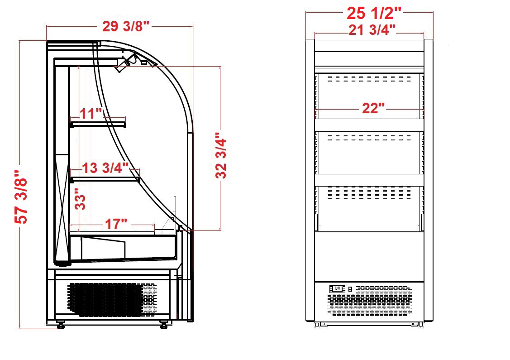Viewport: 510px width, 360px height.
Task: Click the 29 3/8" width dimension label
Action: (x=125, y=26)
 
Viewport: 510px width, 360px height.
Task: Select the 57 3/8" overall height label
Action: (x=21, y=197)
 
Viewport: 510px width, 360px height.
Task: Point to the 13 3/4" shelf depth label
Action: (x=105, y=168)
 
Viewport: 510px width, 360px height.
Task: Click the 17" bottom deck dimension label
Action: (x=116, y=224)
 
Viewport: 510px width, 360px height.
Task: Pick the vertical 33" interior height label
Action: (x=80, y=199)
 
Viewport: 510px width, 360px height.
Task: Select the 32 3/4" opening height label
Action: (x=221, y=156)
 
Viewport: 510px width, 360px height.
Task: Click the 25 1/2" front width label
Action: (x=374, y=13)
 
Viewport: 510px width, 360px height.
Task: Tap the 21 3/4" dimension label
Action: (x=372, y=30)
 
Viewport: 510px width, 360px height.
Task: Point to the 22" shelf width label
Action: (x=373, y=108)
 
